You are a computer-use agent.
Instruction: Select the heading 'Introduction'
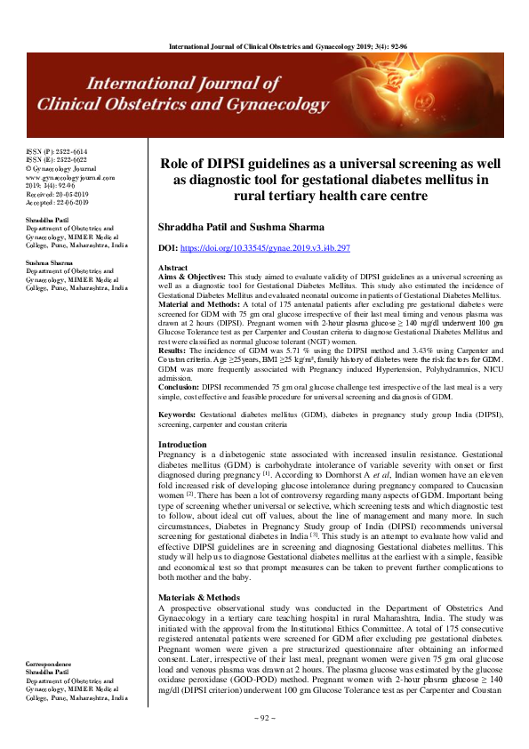pyautogui.click(x=182, y=444)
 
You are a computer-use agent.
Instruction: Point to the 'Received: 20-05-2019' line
pyautogui.click(x=56, y=193)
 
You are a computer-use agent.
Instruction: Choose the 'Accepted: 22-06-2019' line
pyautogui.click(x=56, y=202)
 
